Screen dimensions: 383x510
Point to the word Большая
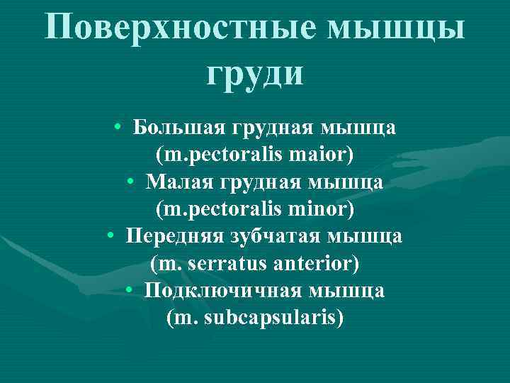[x=178, y=129]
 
